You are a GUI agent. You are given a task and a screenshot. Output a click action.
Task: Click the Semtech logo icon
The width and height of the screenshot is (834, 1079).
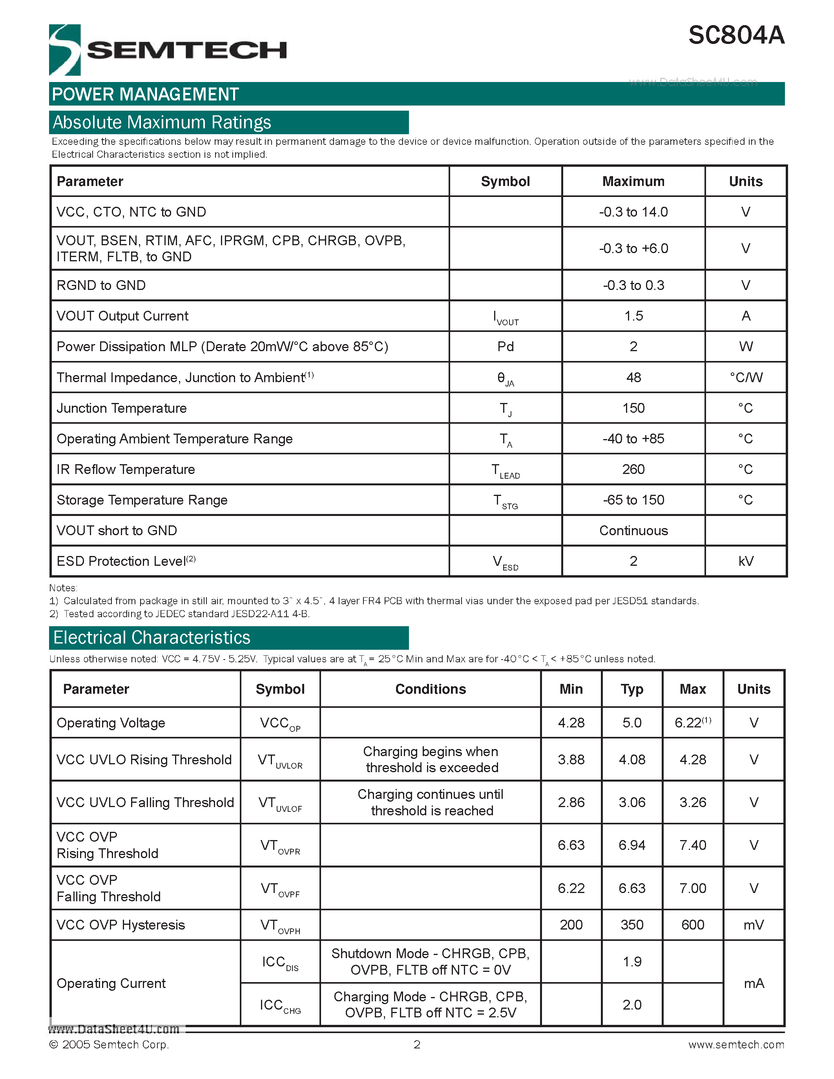[x=65, y=50]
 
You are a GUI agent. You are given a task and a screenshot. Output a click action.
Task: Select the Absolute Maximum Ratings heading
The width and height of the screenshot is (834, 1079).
[x=162, y=122]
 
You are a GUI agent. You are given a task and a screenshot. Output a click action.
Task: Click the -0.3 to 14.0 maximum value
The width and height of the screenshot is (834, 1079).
[x=633, y=212]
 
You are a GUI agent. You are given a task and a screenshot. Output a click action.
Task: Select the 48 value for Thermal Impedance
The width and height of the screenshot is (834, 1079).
[x=633, y=377]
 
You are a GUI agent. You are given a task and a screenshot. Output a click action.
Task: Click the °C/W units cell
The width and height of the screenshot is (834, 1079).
[x=746, y=377]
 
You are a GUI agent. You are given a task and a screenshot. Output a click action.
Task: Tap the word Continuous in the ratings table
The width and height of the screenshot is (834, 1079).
[x=633, y=530]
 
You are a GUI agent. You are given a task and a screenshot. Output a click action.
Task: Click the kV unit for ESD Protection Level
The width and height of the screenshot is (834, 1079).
[x=746, y=561]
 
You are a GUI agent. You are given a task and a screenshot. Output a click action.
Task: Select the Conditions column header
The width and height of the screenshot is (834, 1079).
[x=430, y=689]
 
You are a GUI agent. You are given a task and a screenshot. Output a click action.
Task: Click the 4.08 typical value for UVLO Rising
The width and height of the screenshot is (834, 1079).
[x=632, y=759]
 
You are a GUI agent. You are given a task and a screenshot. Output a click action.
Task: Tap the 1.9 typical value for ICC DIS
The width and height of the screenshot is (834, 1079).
[x=632, y=961]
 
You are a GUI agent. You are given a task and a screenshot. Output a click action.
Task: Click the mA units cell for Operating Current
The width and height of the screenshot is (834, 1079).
[x=754, y=983]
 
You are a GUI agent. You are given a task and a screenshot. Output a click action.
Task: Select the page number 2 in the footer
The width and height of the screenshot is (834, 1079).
[x=417, y=1044]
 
